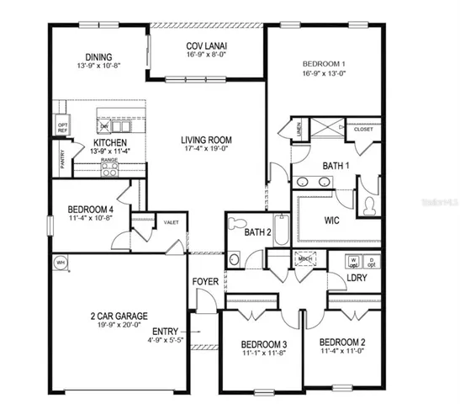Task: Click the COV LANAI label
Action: [x=207, y=46]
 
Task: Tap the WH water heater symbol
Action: [x=61, y=263]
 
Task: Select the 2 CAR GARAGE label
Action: [x=119, y=316]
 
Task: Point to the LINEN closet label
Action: [x=299, y=129]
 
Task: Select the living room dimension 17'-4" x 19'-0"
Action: [x=207, y=150]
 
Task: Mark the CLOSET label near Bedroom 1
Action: [x=363, y=130]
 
